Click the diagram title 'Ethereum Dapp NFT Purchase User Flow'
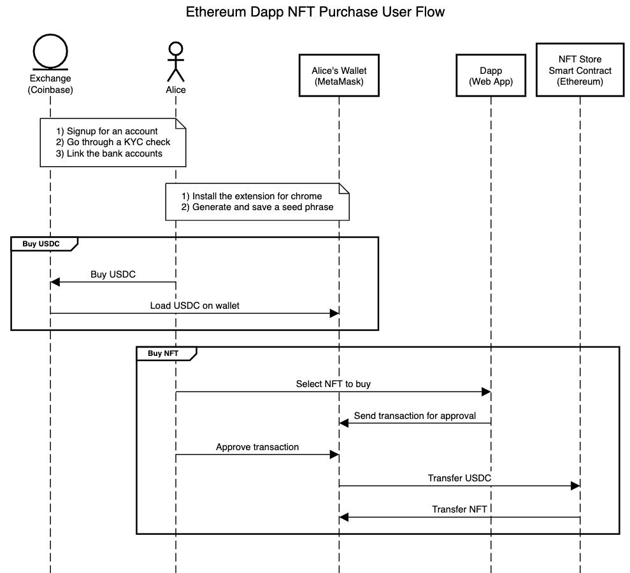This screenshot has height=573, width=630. coord(315,11)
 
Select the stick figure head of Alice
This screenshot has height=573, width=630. coord(175,48)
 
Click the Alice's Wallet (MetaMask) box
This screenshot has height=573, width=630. coord(339,75)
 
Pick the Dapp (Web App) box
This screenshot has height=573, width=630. coord(491,75)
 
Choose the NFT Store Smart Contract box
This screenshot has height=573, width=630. coord(580,70)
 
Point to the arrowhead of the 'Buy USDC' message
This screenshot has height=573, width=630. coord(55,282)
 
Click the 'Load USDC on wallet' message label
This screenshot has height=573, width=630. coord(194,306)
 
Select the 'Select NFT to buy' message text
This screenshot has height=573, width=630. coord(333,384)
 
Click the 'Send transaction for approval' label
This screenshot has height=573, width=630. coord(415,416)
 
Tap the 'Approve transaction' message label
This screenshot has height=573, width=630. coord(257,447)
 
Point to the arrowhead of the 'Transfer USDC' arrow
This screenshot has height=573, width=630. coord(575,486)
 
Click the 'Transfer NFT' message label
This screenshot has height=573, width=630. coord(459,509)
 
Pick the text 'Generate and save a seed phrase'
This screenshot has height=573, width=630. coord(257,207)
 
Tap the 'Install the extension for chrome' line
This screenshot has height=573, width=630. coord(252,195)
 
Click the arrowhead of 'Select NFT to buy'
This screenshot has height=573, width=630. coord(487,392)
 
